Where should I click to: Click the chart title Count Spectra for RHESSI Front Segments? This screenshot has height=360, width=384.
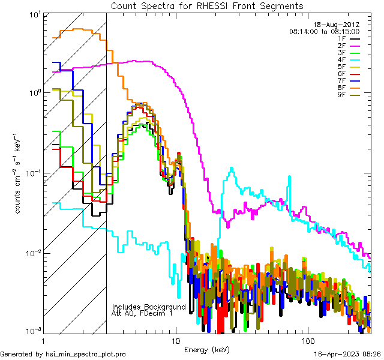tap(207, 5)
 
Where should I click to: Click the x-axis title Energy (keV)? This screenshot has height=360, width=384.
tap(207, 350)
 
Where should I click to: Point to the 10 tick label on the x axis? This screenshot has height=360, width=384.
tap(175, 340)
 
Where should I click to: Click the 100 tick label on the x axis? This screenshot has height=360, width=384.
tap(307, 340)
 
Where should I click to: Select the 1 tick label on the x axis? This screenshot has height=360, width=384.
tap(43, 340)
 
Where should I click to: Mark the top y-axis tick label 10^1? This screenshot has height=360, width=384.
tap(29, 14)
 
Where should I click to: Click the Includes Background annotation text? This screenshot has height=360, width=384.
tap(149, 307)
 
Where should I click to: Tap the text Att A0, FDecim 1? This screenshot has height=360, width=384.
tap(142, 313)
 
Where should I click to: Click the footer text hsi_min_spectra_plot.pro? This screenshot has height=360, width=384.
tap(86, 354)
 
